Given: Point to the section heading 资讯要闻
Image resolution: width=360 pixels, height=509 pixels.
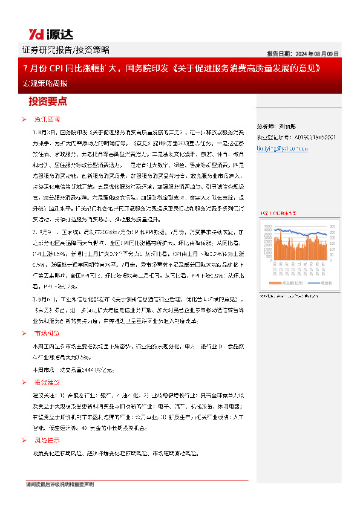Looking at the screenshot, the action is point(46,120).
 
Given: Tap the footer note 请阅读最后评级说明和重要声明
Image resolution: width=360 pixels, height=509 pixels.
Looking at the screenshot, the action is point(59,485).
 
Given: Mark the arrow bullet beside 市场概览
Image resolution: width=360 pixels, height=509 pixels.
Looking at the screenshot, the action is point(24,333).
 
